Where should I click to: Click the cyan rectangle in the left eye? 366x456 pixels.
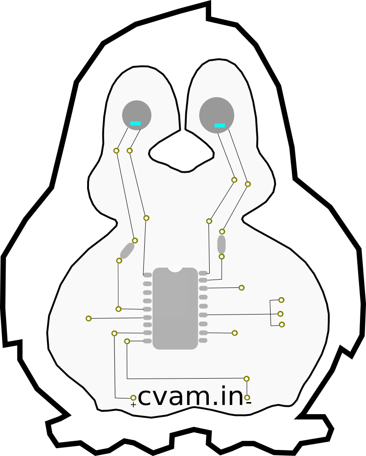[135, 123]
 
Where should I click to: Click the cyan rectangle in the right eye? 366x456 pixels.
[220, 125]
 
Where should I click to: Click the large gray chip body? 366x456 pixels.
[175, 308]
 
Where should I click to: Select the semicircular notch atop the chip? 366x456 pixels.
[175, 270]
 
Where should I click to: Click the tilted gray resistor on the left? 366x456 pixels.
[127, 251]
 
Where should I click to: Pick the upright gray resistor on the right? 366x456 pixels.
[221, 244]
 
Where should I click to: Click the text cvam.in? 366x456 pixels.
[190, 396]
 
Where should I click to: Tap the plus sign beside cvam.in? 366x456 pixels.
[133, 405]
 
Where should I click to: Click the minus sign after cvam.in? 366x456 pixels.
[249, 403]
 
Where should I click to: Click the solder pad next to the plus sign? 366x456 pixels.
[133, 398]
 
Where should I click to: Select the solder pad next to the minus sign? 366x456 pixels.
[247, 397]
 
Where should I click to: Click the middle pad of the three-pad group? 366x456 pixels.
[280, 314]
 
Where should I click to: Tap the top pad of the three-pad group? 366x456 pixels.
[281, 300]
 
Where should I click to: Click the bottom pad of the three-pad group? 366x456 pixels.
[282, 325]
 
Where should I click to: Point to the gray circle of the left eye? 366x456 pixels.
[137, 115]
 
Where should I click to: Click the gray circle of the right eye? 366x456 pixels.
[217, 115]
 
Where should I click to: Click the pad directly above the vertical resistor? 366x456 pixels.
[222, 232]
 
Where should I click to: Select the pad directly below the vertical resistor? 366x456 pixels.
[222, 257]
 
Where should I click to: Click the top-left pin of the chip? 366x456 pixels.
[148, 275]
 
